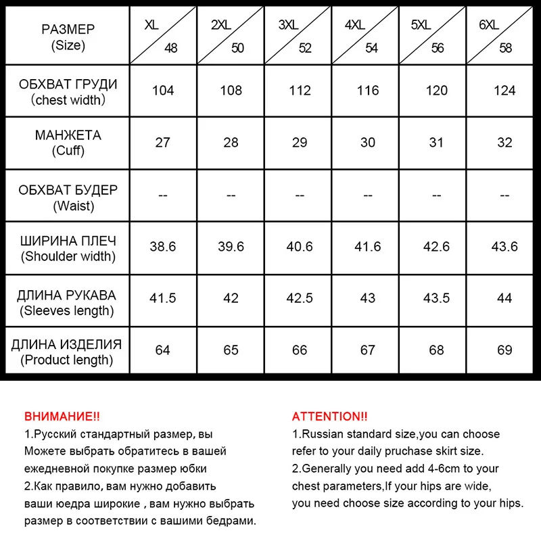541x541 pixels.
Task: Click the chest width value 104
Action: [163, 91]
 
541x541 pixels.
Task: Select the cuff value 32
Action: [504, 143]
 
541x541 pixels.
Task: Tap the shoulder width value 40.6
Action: [300, 247]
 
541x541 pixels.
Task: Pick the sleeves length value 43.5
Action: [436, 298]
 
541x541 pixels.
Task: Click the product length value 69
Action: [504, 350]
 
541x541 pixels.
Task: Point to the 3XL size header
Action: [288, 25]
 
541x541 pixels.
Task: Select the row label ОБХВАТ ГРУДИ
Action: [68, 85]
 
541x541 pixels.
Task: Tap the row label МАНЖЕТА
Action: [68, 135]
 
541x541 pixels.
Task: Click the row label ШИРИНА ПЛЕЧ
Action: [68, 241]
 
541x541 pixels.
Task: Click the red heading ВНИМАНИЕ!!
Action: [62, 417]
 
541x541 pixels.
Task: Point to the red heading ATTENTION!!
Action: [330, 417]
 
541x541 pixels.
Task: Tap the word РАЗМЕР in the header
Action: [68, 30]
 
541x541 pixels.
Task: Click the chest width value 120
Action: [436, 91]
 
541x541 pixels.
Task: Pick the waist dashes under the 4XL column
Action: [368, 195]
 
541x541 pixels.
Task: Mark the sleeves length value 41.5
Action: [163, 298]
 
